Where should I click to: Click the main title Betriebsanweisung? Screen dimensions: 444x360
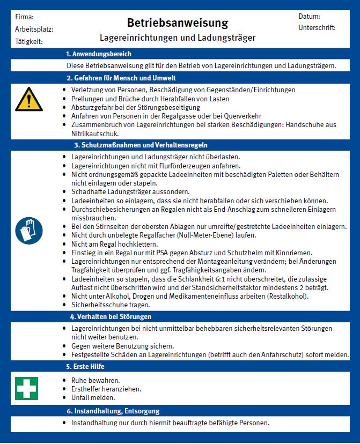coord(178,23)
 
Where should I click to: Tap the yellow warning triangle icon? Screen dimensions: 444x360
coord(28,100)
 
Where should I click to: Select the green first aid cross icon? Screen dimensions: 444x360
coord(26,388)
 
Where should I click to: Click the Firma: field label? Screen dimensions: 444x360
coord(25,17)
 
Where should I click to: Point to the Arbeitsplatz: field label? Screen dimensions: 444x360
coord(34,29)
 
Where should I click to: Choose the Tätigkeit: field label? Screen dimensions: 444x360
coord(29,41)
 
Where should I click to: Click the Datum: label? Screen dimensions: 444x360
coord(309,17)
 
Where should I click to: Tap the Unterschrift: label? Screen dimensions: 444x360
coord(317,27)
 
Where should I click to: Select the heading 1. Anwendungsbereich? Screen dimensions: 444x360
coord(98,54)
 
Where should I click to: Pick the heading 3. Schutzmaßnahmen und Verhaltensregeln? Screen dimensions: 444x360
coord(141,145)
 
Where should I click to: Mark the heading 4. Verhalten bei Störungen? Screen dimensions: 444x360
coord(111,316)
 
